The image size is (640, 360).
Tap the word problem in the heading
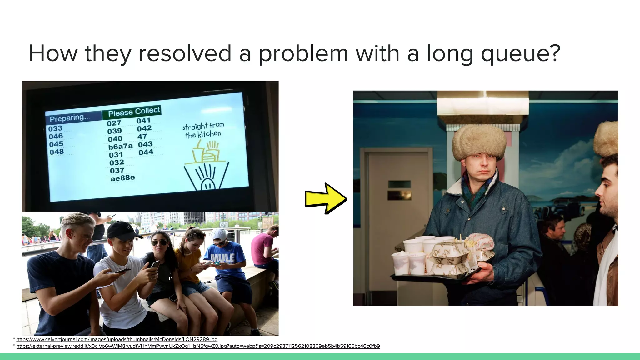tap(303, 54)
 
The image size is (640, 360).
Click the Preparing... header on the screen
tap(70, 118)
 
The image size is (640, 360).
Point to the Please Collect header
tap(134, 111)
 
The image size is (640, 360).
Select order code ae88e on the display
tap(122, 178)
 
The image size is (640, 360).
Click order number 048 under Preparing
tap(57, 152)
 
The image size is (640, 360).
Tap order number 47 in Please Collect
tap(142, 137)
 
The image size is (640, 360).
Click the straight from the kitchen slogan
tap(203, 130)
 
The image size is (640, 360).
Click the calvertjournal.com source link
tap(117, 339)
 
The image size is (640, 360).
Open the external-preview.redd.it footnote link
tap(198, 346)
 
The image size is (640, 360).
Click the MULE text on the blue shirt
tap(223, 258)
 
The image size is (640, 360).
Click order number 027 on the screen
tap(114, 123)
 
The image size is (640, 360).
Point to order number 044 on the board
tap(146, 152)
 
